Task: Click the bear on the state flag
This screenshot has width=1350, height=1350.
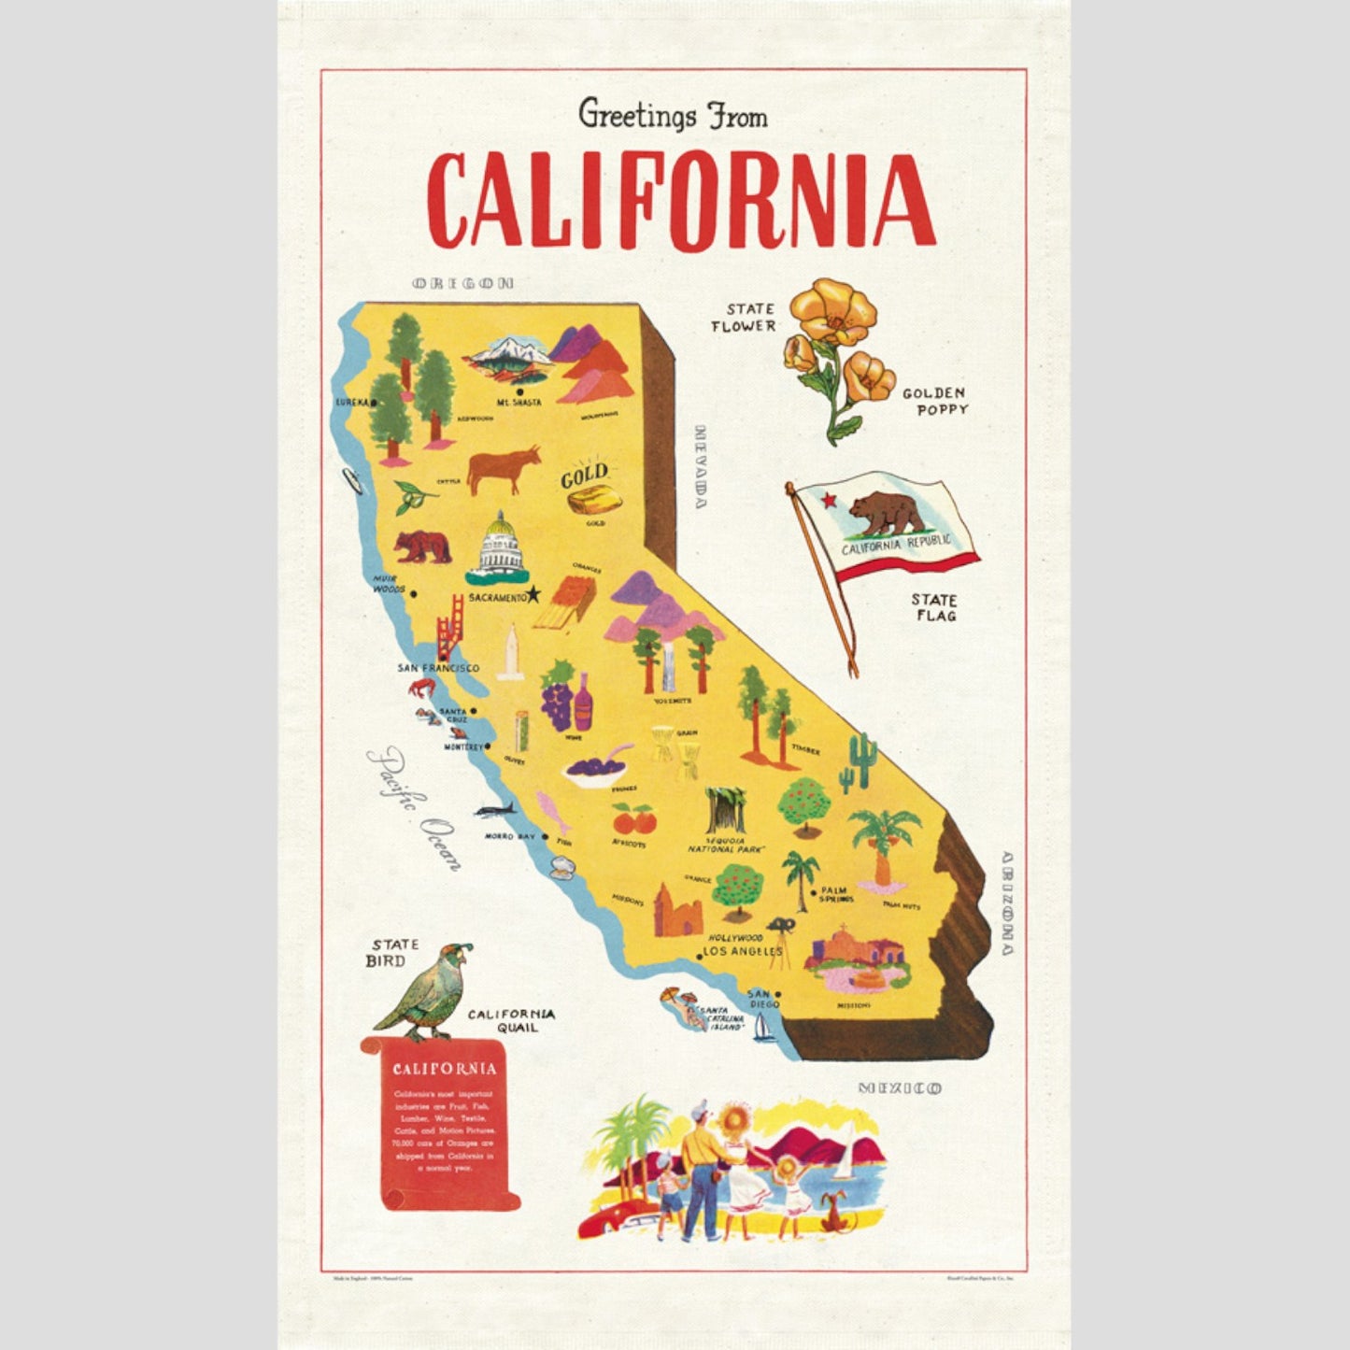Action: point(883,513)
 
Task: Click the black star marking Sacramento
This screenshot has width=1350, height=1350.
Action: point(533,594)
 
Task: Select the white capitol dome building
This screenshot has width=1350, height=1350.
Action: point(501,546)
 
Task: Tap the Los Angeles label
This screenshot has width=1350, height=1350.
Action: point(743,951)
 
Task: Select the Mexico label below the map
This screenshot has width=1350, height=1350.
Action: point(900,1087)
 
